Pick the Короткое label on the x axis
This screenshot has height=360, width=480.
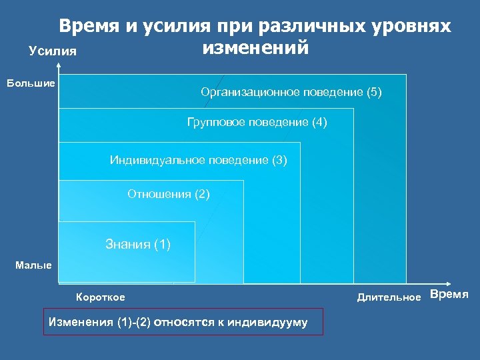coord(101,297)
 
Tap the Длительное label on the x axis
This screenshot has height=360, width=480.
coord(389,297)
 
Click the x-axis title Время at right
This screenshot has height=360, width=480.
coord(449,295)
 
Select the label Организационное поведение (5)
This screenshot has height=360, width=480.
coord(291,92)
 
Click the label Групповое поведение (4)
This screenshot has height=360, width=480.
coord(257,123)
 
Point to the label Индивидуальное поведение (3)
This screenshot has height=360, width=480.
coord(198,160)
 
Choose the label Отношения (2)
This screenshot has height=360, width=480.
coord(168,194)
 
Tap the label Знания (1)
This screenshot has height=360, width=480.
coord(138,244)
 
